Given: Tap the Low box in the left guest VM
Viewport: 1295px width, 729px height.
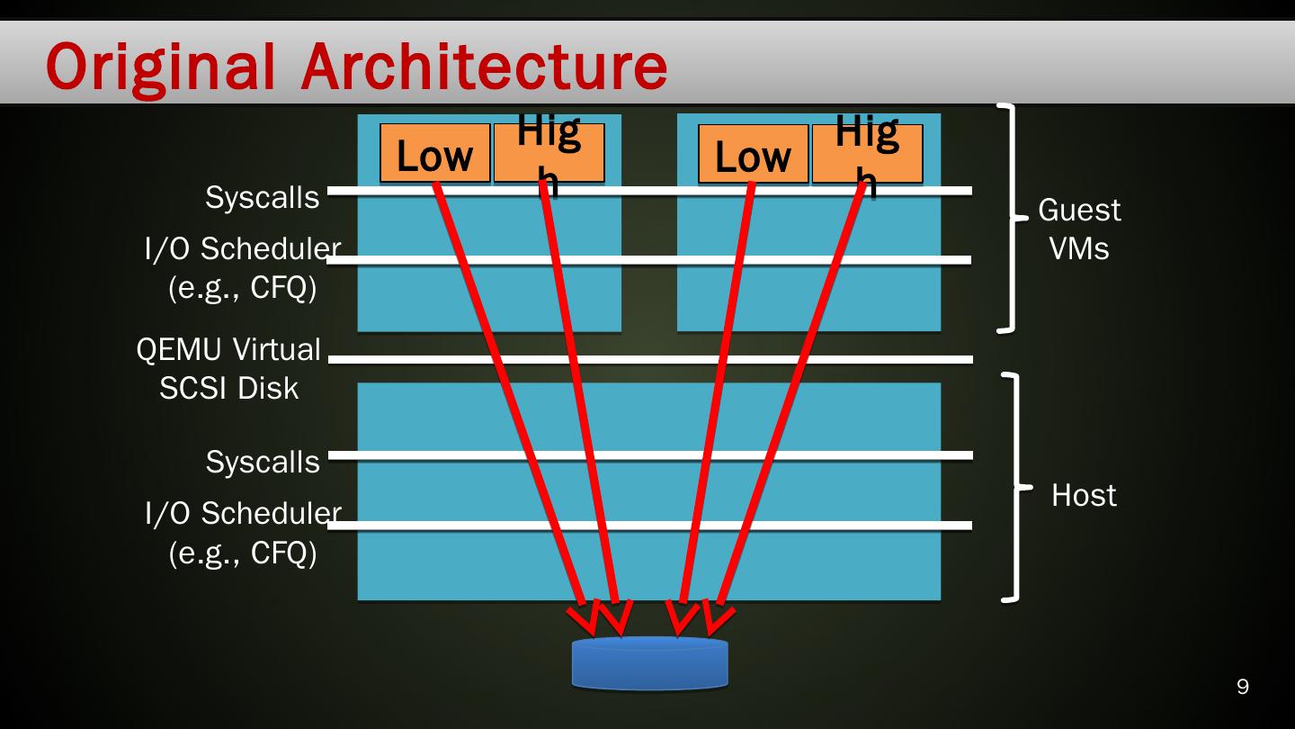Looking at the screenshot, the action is pyautogui.click(x=434, y=154).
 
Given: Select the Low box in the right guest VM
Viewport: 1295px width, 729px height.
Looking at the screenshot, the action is pyautogui.click(x=753, y=154).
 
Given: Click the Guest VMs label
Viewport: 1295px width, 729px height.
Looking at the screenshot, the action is pyautogui.click(x=1079, y=229).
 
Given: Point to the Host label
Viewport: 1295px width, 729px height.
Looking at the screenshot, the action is pyautogui.click(x=1084, y=495).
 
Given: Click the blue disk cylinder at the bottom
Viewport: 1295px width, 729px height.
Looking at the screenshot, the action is pyautogui.click(x=649, y=664).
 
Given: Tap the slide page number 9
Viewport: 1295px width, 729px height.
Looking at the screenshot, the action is pyautogui.click(x=1243, y=687).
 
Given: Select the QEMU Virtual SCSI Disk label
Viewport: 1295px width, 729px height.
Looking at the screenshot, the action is pyautogui.click(x=228, y=368).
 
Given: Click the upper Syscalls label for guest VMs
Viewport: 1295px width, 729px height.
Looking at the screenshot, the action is pyautogui.click(x=262, y=197).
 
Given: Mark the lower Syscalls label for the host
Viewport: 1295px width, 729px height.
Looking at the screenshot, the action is pyautogui.click(x=262, y=462).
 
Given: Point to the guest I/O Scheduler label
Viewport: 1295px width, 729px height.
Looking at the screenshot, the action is pyautogui.click(x=242, y=268).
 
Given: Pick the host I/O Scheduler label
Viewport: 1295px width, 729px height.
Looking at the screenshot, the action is pyautogui.click(x=242, y=533).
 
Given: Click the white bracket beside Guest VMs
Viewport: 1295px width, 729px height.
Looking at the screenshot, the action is pyautogui.click(x=1013, y=218).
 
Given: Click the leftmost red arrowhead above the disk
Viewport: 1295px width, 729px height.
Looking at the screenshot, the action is pyautogui.click(x=585, y=618).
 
